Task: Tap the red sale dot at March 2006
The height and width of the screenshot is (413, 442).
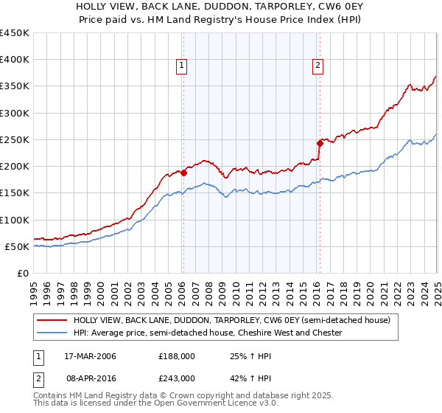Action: click(183, 173)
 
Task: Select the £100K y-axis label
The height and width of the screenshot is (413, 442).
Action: click(15, 220)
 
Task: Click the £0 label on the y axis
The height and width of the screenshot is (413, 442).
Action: click(22, 273)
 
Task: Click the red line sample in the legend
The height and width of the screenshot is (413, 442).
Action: click(52, 320)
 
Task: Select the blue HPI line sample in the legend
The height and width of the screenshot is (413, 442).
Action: click(52, 333)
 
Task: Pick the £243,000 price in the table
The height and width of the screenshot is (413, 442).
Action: click(177, 377)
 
